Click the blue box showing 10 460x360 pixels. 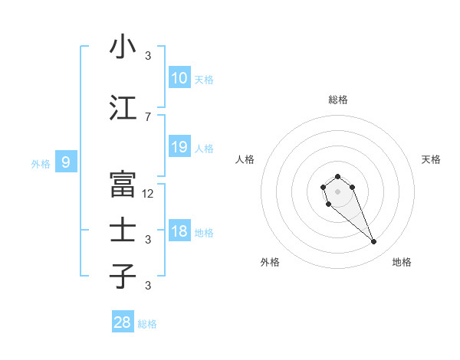[x=179, y=77]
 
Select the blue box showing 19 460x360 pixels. [x=179, y=147]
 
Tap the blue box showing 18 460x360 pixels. [x=179, y=232]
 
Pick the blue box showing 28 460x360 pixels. [x=123, y=322]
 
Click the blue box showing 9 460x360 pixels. [x=66, y=162]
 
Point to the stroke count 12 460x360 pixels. [x=148, y=194]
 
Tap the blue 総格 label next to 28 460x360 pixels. [x=147, y=324]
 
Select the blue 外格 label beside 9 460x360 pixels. [x=41, y=163]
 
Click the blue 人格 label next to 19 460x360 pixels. [x=204, y=149]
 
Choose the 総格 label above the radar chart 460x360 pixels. [x=338, y=100]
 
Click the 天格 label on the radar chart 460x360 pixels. [x=431, y=159]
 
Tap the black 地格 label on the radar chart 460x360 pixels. [x=402, y=262]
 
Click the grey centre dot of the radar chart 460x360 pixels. [x=338, y=191]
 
